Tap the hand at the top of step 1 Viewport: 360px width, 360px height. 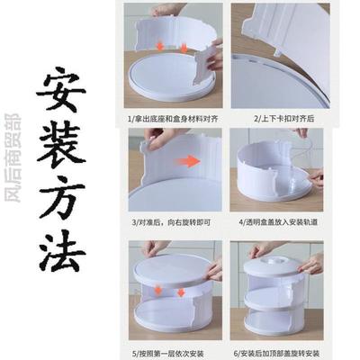click(169, 10)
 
